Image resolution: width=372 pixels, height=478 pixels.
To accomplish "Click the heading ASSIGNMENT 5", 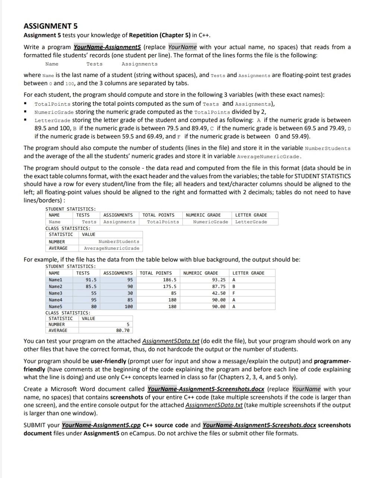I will point(51,26).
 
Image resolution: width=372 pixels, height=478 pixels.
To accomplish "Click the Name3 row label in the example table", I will point(55,293).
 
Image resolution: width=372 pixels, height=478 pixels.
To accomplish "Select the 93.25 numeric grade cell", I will point(219,280).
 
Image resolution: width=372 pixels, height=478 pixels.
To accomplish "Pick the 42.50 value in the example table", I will point(219,293).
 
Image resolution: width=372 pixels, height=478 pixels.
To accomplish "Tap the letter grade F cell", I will point(234,293).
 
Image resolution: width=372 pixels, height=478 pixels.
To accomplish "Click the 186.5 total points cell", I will point(170,280).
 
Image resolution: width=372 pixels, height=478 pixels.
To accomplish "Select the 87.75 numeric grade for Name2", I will point(219,286).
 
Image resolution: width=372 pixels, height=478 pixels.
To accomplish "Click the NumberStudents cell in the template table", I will point(119,242).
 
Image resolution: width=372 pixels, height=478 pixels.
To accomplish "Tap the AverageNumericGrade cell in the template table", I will point(112,248).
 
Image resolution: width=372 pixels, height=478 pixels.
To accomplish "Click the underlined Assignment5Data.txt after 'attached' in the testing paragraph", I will point(171,341).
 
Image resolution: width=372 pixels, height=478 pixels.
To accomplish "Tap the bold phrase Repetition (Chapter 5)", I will point(160,35).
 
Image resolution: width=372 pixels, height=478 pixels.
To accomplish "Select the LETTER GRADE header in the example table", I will point(248,273).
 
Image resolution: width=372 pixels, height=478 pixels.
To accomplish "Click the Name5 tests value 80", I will point(94,307).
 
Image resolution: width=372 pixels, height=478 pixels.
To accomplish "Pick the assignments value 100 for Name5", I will point(128,307).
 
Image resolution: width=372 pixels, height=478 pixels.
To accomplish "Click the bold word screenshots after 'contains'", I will point(127,397).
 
